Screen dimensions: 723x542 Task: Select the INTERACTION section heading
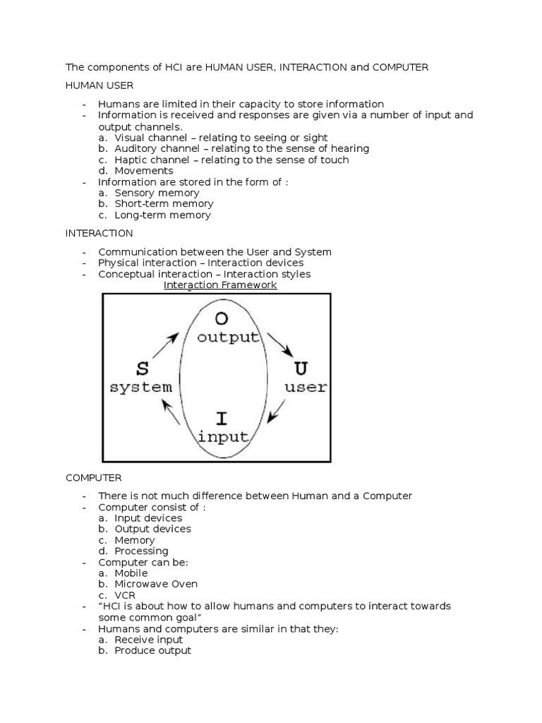tap(99, 233)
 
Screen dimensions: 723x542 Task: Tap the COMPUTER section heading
tap(94, 477)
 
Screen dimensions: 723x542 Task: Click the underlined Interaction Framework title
tap(220, 285)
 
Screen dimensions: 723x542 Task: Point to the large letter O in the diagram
tap(228, 317)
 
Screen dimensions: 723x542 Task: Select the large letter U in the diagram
tap(301, 368)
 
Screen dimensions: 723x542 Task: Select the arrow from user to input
tap(277, 411)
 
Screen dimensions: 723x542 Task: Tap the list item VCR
tap(126, 595)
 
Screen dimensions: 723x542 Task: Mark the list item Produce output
tap(152, 650)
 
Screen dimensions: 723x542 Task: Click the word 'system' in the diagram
tap(140, 387)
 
